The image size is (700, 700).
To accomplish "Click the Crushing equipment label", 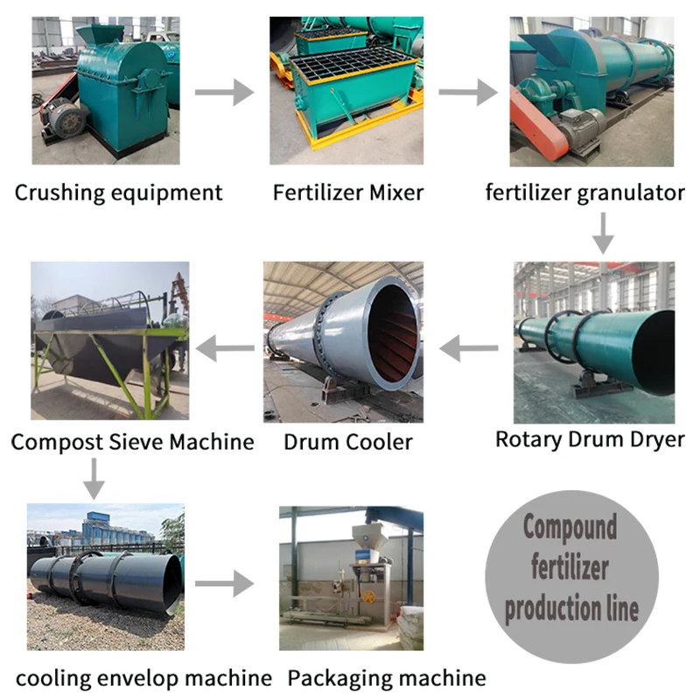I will pos(118,192).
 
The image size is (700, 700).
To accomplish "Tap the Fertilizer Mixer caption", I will pos(348,192).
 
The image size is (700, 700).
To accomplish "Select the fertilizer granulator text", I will pos(584,192).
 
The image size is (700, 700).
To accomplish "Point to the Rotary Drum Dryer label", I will pos(590,438).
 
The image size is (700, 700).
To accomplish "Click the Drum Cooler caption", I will pos(347,442).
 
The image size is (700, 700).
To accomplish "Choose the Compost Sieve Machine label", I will pos(132,442).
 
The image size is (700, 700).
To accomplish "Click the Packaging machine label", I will pos(387,677).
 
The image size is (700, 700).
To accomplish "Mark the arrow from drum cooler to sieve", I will pos(225,350).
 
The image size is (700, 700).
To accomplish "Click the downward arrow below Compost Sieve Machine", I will pos(94,477).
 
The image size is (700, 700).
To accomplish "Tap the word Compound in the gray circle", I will pos(570,528).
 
